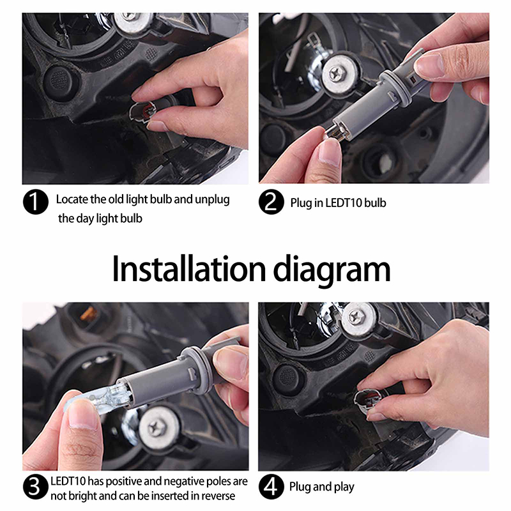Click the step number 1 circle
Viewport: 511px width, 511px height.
point(36,202)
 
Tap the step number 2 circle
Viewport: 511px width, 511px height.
point(271,202)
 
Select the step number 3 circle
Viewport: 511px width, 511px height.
point(36,487)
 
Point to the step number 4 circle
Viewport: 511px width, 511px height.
point(271,487)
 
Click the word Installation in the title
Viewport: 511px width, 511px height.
point(189,269)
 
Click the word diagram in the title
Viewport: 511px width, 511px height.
point(332,271)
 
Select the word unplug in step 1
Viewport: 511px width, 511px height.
point(212,200)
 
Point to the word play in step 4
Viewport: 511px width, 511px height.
point(344,487)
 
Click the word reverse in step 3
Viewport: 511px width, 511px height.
point(218,496)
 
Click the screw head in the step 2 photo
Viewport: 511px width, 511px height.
point(338,73)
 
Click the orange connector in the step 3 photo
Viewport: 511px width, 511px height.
point(89,314)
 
